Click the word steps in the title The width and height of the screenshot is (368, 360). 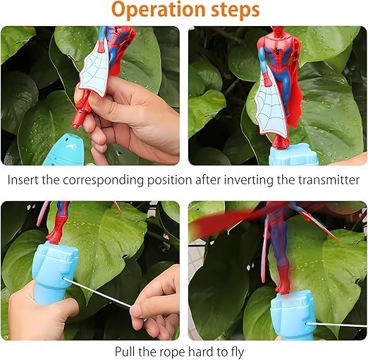(x=233, y=11)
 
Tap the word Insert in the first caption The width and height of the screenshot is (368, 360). (x=23, y=179)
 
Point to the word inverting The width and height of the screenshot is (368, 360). (x=237, y=179)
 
